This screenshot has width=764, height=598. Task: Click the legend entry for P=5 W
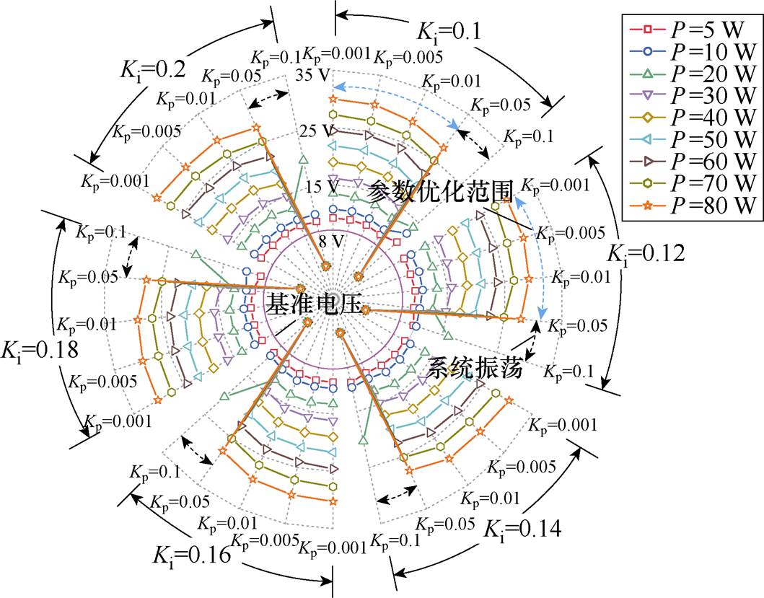[692, 30]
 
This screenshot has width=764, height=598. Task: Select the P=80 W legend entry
[692, 206]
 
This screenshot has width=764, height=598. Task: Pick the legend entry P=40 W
[692, 118]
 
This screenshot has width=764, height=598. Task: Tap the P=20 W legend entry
[692, 74]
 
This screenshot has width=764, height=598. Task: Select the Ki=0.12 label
[646, 254]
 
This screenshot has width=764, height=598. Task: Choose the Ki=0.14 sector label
[522, 529]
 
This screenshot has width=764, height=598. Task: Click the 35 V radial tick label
[312, 76]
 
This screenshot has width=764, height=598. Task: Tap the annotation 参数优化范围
[440, 191]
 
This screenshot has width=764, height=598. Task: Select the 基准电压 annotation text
[314, 304]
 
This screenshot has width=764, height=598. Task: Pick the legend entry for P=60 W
[692, 162]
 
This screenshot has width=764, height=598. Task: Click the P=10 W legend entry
[692, 52]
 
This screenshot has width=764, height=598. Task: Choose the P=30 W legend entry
[692, 96]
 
